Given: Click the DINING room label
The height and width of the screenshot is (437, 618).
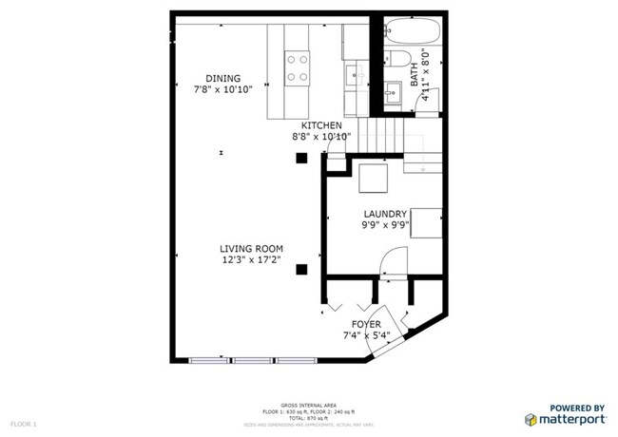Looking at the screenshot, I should point(223,79).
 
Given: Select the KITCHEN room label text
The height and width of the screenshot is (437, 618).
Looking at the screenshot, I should point(321,125).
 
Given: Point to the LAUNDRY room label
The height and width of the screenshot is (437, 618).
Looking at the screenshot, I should point(384,215).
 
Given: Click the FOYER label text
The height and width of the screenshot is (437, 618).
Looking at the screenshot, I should point(366,324).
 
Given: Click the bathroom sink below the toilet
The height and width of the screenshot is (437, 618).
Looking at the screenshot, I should point(394,92).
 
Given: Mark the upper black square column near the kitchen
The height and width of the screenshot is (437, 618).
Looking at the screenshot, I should point(301,158).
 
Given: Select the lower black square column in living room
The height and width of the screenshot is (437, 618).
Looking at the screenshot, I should point(301,269).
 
